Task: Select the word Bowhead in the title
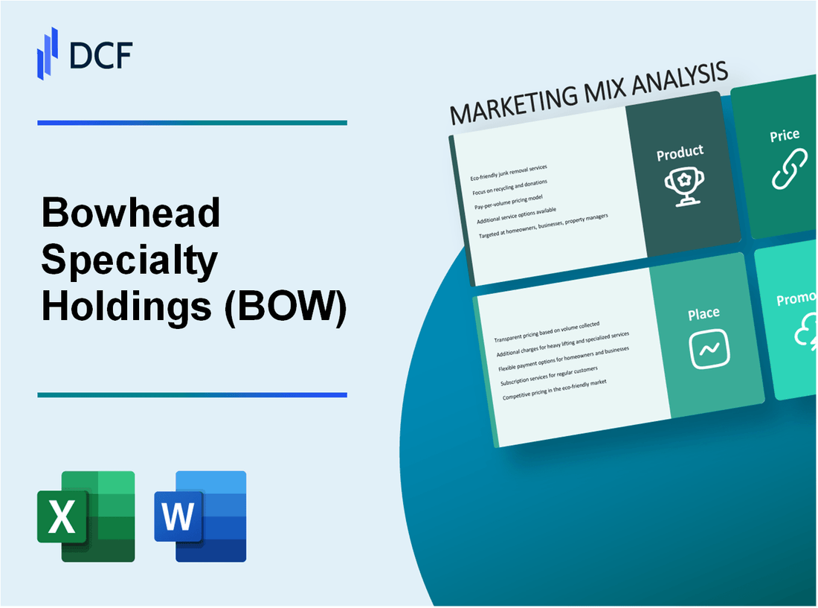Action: (132, 214)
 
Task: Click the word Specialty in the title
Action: (130, 260)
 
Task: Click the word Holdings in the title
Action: (126, 306)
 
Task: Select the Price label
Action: (785, 135)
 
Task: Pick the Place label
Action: (703, 314)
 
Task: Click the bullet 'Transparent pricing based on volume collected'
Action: (547, 332)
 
